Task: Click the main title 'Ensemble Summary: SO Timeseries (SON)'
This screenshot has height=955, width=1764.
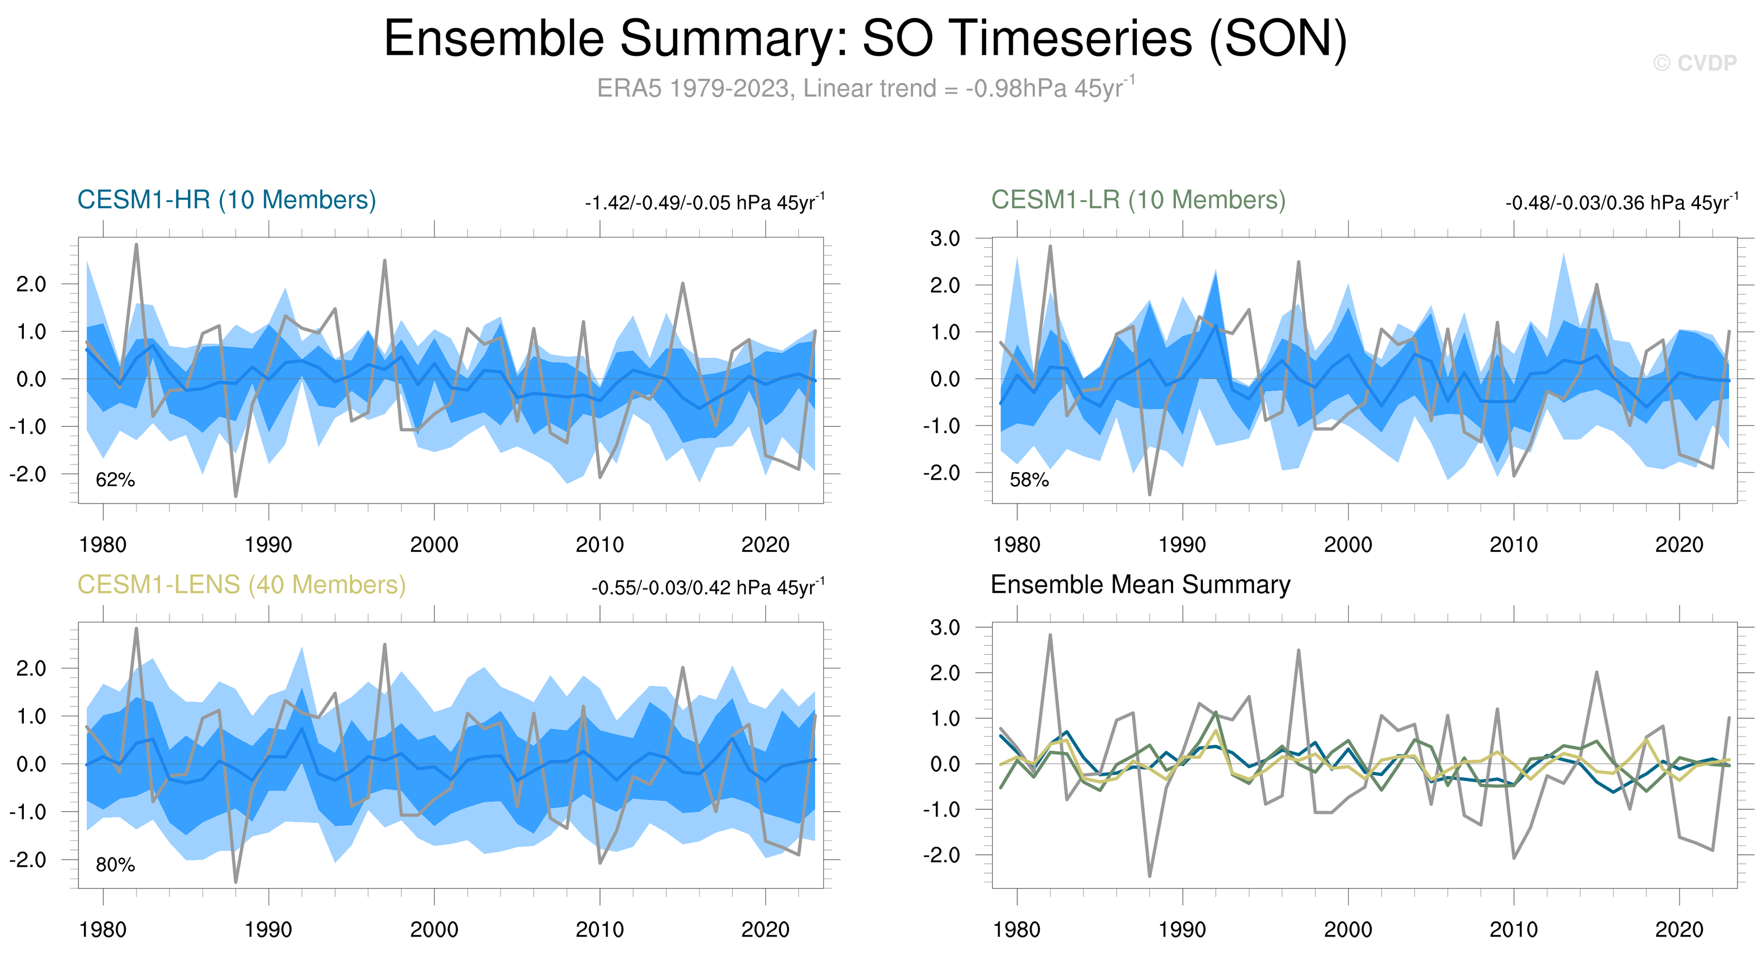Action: coord(865,38)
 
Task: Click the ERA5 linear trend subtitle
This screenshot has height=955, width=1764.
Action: coord(865,88)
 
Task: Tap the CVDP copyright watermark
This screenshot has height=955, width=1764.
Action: coord(1694,63)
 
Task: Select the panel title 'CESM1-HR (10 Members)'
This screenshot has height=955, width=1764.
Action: coord(227,200)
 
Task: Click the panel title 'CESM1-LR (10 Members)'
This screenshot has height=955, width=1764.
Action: coord(1138,200)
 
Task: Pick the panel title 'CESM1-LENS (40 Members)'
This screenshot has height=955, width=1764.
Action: coord(241,585)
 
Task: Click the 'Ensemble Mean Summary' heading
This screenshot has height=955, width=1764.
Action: coord(1140,585)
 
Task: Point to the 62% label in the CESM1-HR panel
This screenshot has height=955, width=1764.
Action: coord(115,480)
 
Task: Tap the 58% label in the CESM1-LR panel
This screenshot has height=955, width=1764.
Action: coord(1029,480)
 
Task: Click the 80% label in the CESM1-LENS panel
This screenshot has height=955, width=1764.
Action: coord(115,864)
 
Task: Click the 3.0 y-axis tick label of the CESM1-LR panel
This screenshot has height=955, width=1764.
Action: coord(945,238)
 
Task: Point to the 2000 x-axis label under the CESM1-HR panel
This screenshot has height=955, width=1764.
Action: coord(433,545)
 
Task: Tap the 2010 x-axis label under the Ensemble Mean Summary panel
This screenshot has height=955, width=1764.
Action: coord(1513,930)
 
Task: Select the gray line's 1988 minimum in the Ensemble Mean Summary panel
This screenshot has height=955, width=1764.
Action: coord(1149,875)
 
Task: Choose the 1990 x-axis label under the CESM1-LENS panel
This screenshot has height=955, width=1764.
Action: coord(268,930)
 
